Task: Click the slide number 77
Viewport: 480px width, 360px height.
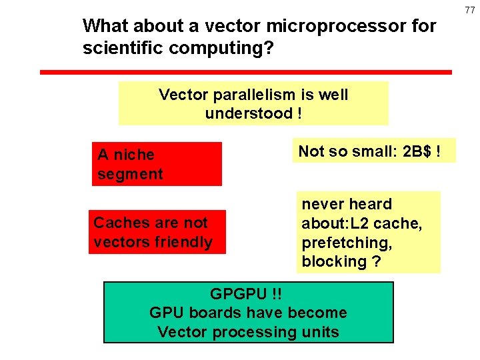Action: (x=470, y=10)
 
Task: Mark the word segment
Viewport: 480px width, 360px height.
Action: (x=130, y=174)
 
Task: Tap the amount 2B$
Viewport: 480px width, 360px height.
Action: (x=417, y=151)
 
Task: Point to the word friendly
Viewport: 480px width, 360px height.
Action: (x=183, y=242)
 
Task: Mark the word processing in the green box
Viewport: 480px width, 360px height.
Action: (x=261, y=332)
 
